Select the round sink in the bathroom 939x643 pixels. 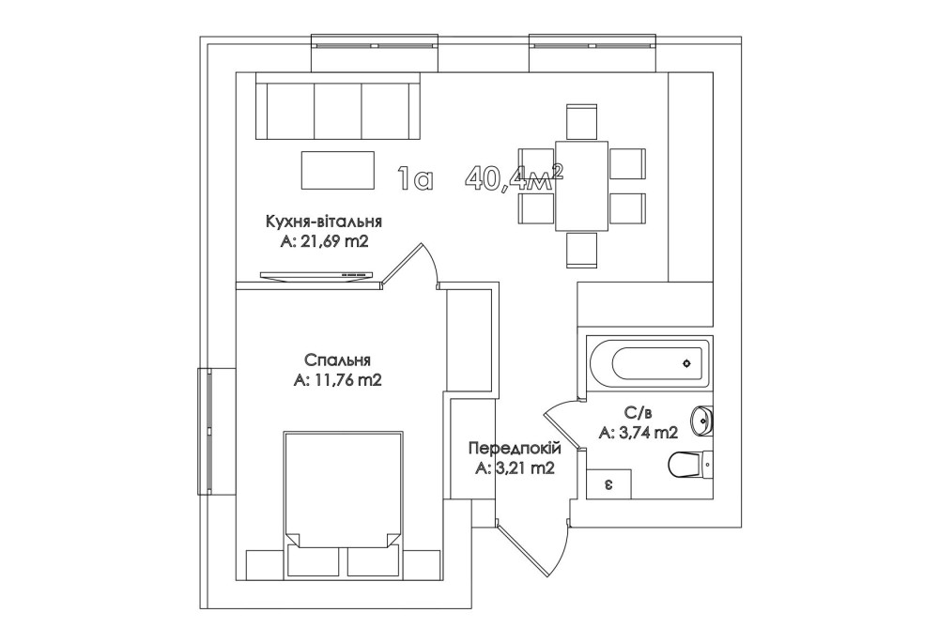[701, 421]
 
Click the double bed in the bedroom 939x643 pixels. [343, 489]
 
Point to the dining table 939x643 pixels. [581, 186]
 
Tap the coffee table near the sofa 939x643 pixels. [338, 171]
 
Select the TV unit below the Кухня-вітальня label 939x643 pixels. [316, 275]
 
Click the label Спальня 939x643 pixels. [337, 360]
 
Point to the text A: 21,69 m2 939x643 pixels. [323, 242]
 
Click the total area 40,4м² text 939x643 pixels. [515, 177]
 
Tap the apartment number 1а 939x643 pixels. [414, 178]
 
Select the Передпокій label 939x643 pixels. [515, 449]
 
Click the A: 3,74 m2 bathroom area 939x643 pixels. [639, 432]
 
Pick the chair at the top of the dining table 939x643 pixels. [581, 122]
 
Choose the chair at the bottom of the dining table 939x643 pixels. [581, 250]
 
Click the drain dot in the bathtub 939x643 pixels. [686, 363]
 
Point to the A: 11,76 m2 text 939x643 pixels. [337, 381]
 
